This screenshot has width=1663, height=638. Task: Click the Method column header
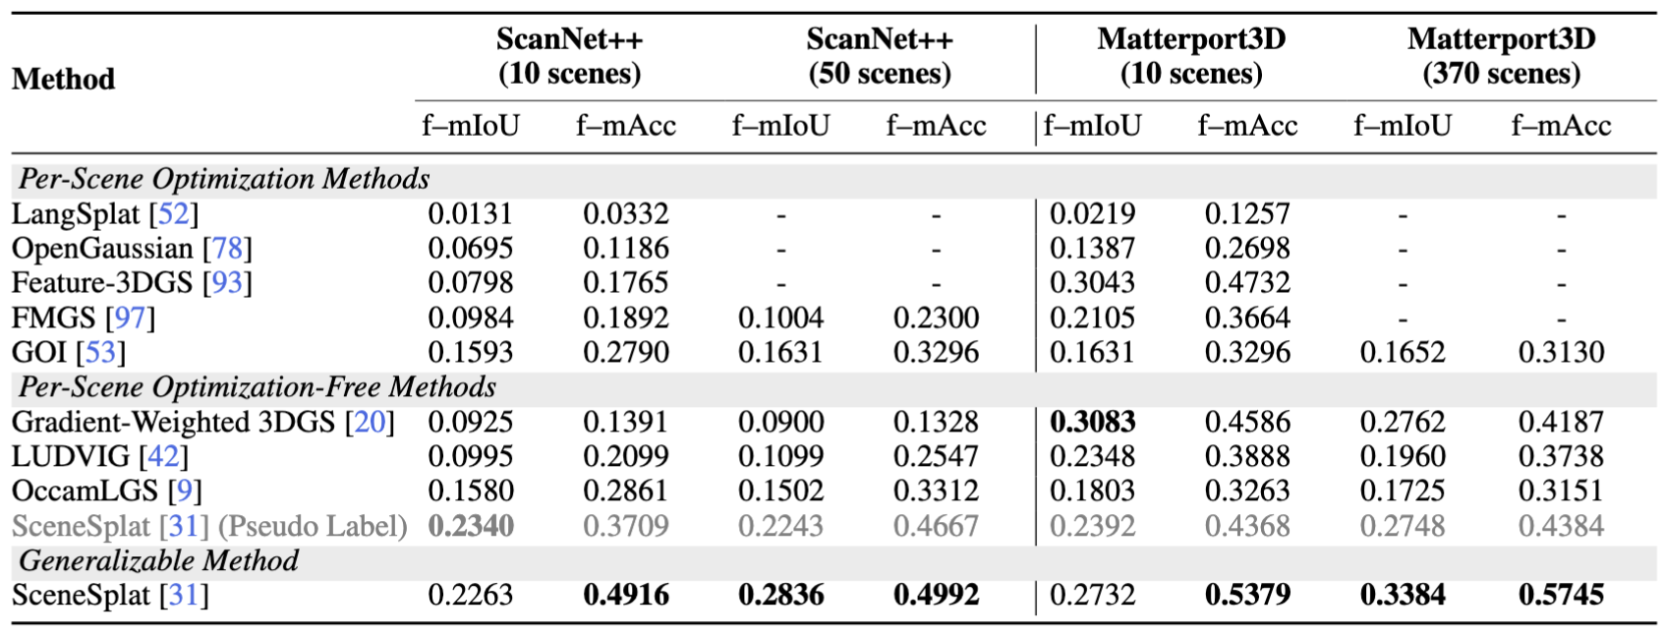(63, 79)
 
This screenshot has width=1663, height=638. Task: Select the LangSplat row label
(75, 213)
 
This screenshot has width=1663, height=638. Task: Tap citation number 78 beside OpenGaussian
(227, 248)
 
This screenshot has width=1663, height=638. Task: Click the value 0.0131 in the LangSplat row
(470, 213)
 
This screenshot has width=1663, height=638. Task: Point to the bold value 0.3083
(1092, 422)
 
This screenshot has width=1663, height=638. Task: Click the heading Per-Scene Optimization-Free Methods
(257, 387)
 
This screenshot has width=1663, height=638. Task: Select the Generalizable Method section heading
(158, 560)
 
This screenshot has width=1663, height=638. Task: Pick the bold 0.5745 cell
(1561, 595)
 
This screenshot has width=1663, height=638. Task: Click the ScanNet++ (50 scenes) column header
(880, 56)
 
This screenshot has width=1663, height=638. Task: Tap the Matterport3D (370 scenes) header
(1501, 56)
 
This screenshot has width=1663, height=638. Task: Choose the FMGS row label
(53, 318)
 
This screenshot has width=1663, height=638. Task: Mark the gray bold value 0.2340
(470, 526)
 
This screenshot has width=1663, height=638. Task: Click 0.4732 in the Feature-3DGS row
(1247, 283)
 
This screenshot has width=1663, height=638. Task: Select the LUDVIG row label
(70, 456)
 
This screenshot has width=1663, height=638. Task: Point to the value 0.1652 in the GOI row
(1403, 352)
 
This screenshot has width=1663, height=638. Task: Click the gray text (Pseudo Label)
(313, 526)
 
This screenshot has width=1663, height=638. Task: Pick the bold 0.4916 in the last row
(626, 595)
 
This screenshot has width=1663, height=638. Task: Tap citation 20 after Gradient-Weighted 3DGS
(370, 422)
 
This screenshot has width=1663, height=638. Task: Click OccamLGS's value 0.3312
(936, 491)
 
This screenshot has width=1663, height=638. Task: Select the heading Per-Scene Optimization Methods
(224, 179)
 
